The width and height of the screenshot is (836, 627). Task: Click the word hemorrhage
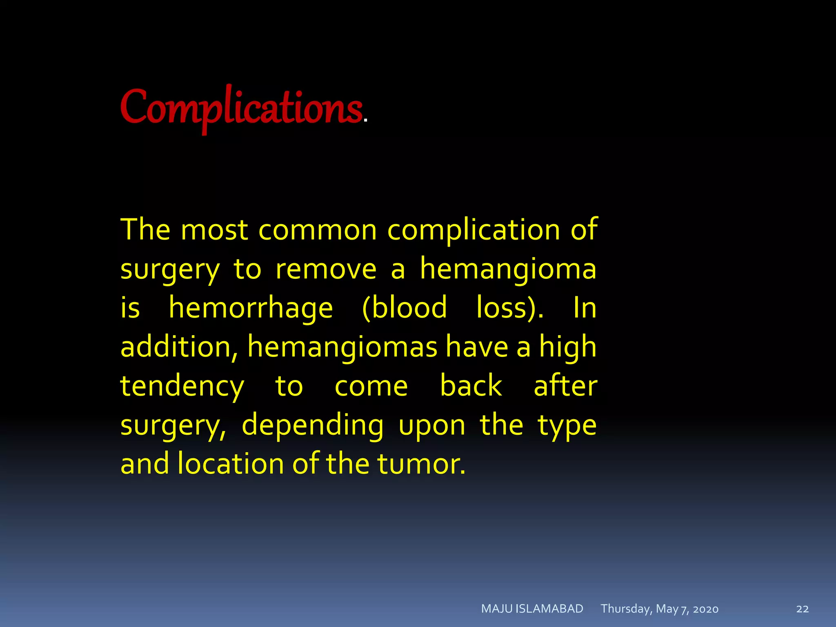click(x=251, y=308)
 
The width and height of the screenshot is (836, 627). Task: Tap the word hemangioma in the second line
click(x=508, y=269)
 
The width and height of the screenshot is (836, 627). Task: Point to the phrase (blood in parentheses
click(x=404, y=308)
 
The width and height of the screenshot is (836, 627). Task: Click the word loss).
click(x=510, y=308)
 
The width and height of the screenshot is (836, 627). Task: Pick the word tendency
click(x=182, y=386)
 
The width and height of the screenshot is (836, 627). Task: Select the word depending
click(x=312, y=425)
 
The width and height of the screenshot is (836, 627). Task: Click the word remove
click(x=326, y=269)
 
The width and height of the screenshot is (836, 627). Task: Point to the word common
click(x=318, y=230)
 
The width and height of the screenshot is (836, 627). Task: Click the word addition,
click(x=179, y=347)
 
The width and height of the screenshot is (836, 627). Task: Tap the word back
click(x=471, y=386)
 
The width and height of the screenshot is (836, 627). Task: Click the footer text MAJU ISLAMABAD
click(x=532, y=609)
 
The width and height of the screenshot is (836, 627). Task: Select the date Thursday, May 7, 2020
click(x=659, y=609)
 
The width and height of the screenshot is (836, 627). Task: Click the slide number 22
click(x=802, y=609)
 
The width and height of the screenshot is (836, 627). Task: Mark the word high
click(x=567, y=347)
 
